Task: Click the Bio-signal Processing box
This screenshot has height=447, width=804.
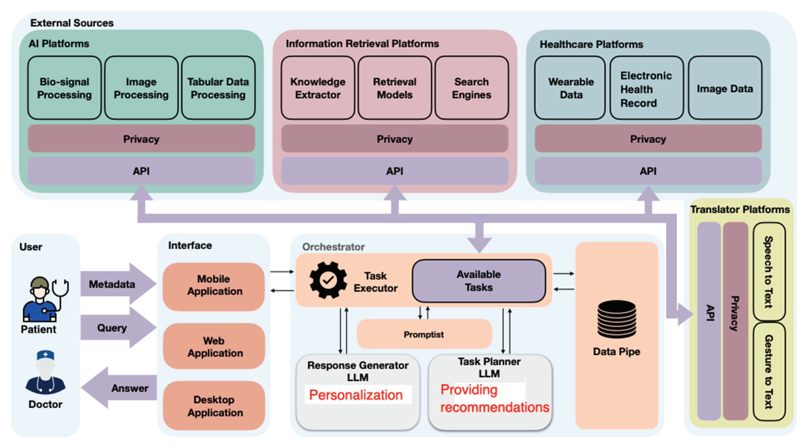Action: pyautogui.click(x=64, y=88)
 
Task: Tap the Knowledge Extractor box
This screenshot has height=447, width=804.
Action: pyautogui.click(x=318, y=88)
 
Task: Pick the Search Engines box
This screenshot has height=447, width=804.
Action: pyautogui.click(x=471, y=88)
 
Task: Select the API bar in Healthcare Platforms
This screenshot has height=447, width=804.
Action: pyautogui.click(x=648, y=171)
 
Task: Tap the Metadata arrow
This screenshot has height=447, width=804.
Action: pyautogui.click(x=115, y=284)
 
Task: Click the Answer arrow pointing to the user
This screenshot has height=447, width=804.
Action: pyautogui.click(x=122, y=388)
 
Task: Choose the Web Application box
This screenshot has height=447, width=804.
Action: pyautogui.click(x=214, y=346)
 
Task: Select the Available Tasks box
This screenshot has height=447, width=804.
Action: pyautogui.click(x=479, y=281)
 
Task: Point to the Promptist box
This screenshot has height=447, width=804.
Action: pyautogui.click(x=424, y=334)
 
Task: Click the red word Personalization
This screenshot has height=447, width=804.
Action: pyautogui.click(x=356, y=395)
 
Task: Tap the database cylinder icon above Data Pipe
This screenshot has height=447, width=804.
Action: pyautogui.click(x=616, y=319)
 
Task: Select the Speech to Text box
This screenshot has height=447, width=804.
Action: pyautogui.click(x=769, y=272)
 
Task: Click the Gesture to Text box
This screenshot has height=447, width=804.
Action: pyautogui.click(x=769, y=372)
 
